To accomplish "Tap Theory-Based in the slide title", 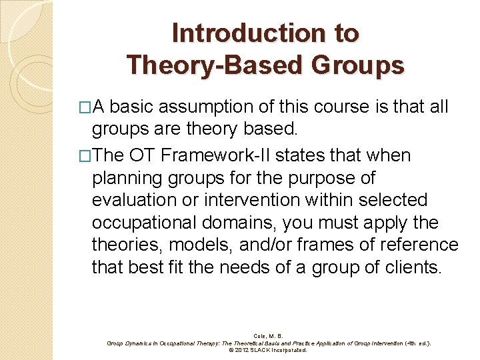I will click(214, 65).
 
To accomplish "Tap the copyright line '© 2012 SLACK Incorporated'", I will click(268, 350).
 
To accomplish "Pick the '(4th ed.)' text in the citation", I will click(415, 343).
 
